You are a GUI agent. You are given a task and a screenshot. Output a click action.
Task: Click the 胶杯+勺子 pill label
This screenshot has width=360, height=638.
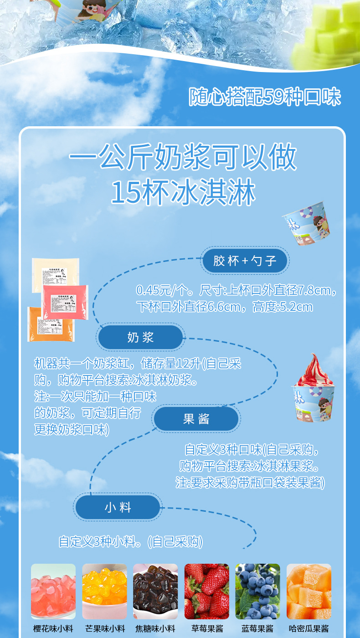(245, 261)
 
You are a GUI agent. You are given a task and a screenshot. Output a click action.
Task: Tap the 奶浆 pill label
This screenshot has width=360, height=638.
(140, 338)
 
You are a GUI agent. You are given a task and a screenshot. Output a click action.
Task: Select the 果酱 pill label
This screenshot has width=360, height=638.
(196, 419)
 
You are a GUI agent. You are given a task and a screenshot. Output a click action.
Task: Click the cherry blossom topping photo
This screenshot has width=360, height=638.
(53, 591)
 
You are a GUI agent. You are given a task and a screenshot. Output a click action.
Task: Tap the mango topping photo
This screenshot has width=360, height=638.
(104, 591)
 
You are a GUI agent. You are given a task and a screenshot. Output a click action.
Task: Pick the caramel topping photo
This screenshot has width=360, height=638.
(155, 591)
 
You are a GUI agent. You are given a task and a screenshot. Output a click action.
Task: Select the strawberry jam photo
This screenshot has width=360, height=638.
(206, 591)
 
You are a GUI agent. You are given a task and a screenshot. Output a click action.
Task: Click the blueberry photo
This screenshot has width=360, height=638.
(257, 591)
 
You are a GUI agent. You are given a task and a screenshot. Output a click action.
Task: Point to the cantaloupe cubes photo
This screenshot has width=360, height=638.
(309, 591)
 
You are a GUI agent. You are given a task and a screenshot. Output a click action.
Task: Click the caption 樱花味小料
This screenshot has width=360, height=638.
(53, 629)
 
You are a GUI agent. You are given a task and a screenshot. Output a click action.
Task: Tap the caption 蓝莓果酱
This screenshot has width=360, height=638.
(257, 629)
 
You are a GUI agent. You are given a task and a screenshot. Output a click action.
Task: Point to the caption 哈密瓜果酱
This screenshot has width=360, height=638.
(309, 629)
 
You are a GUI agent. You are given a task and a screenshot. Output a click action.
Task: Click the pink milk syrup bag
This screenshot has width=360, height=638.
(65, 301)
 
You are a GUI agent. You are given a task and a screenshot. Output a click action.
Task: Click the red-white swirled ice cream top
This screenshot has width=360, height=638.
(314, 371)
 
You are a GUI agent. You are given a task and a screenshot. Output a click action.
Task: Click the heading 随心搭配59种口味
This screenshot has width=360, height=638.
(265, 97)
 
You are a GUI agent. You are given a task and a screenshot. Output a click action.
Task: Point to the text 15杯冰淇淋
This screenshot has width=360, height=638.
(183, 193)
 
